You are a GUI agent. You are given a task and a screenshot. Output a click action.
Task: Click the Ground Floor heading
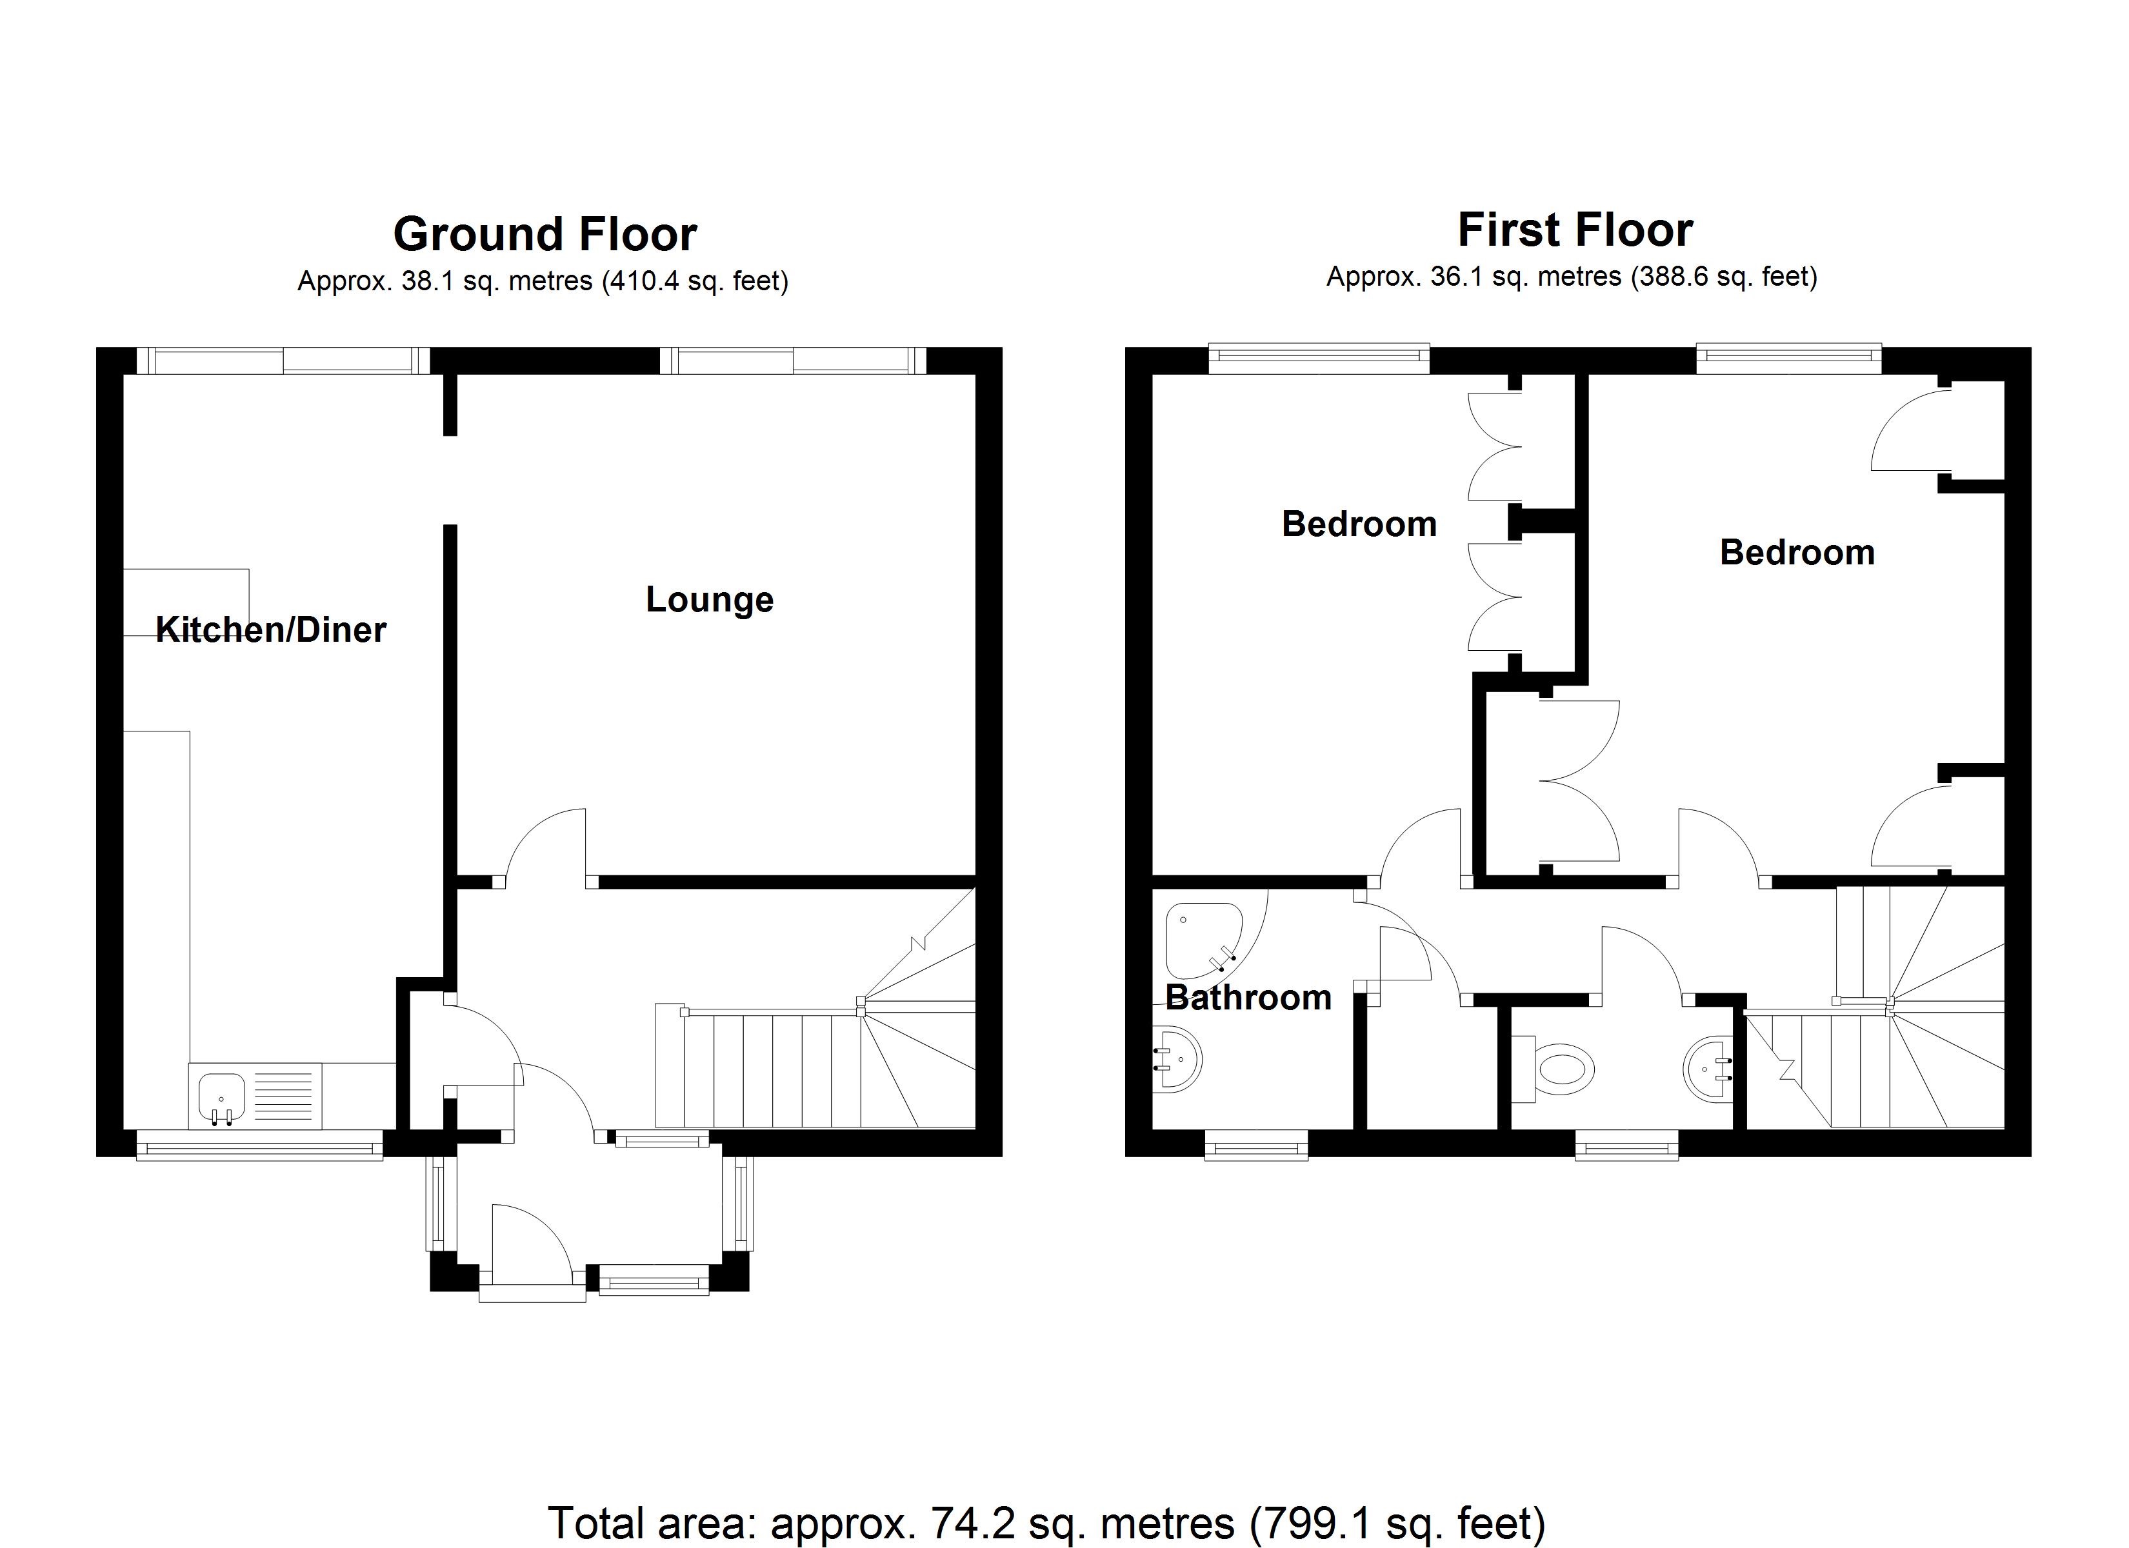545,233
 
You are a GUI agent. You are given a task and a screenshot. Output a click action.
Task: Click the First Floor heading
1575,230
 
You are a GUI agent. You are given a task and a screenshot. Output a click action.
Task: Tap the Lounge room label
710,600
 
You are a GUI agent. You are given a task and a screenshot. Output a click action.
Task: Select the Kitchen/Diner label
270,629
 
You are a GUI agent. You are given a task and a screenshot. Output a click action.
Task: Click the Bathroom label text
1248,997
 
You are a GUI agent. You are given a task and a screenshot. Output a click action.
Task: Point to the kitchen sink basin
221,1098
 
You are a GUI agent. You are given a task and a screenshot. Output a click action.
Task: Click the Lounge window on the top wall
793,361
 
